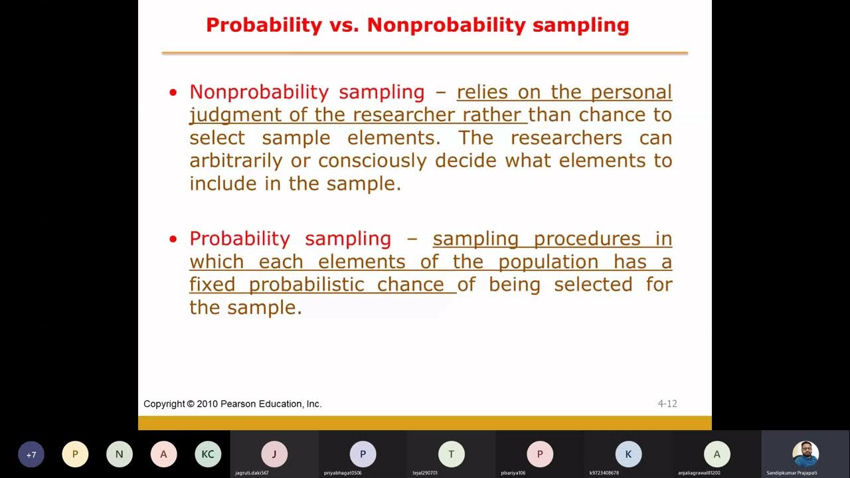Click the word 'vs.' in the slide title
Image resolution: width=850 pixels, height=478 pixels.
pos(345,25)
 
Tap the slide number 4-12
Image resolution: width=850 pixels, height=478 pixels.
pos(667,404)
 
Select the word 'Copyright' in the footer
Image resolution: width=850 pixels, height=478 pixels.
pos(164,404)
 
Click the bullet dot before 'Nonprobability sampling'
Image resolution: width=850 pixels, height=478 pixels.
pos(174,93)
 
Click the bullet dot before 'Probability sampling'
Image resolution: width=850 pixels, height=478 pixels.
pos(174,240)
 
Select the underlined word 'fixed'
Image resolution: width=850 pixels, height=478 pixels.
pos(212,285)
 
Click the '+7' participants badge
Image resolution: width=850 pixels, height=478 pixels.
pos(31,455)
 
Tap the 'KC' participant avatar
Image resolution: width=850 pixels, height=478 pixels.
pos(208,455)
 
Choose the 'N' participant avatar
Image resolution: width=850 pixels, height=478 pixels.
pos(120,455)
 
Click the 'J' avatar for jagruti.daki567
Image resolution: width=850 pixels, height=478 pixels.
pos(274,455)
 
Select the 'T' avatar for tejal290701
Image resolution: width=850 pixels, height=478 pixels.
pos(452,455)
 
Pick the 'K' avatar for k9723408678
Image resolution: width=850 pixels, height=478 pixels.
pos(628,455)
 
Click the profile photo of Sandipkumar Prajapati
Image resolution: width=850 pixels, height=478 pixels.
pos(806,454)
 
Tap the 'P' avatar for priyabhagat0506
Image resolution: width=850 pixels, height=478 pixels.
pos(363,455)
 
